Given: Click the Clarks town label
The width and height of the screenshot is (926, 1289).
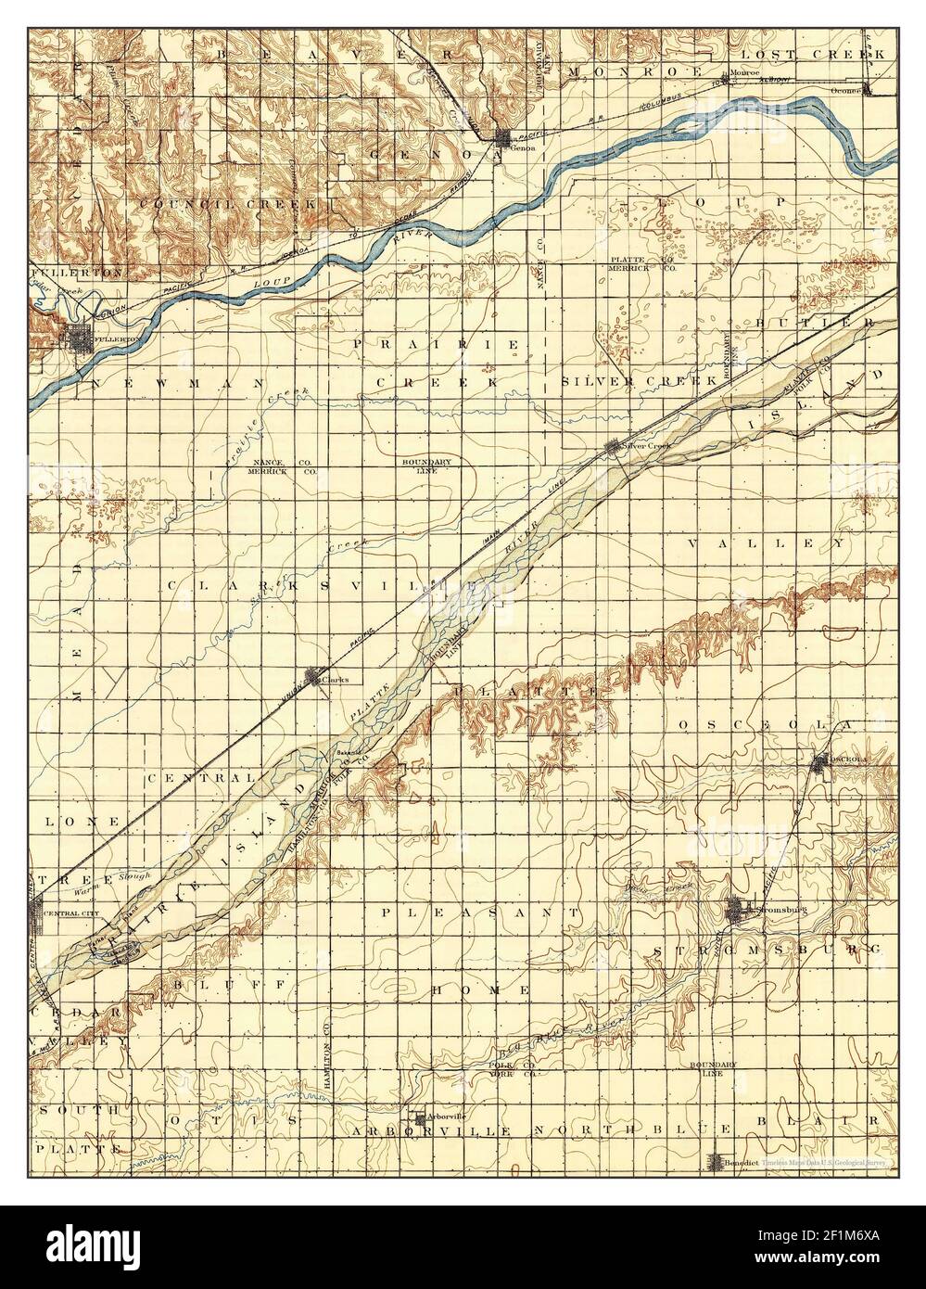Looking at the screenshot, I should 336,679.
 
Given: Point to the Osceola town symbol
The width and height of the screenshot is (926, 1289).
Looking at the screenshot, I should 819,761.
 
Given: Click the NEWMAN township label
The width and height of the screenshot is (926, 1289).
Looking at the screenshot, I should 176,381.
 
